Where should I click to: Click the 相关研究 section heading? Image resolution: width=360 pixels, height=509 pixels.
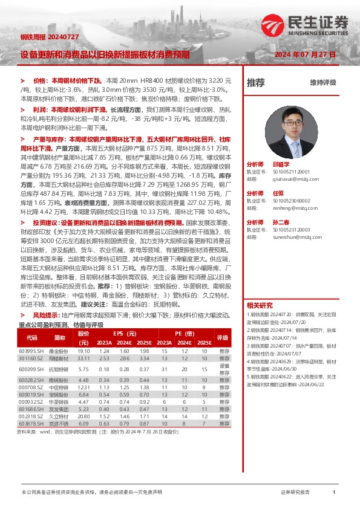(x=260, y=305)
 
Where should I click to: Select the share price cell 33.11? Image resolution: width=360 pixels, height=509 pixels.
(x=83, y=358)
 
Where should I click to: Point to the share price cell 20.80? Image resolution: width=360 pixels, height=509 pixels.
(x=83, y=433)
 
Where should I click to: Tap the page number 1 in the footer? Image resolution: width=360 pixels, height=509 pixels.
(x=334, y=493)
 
